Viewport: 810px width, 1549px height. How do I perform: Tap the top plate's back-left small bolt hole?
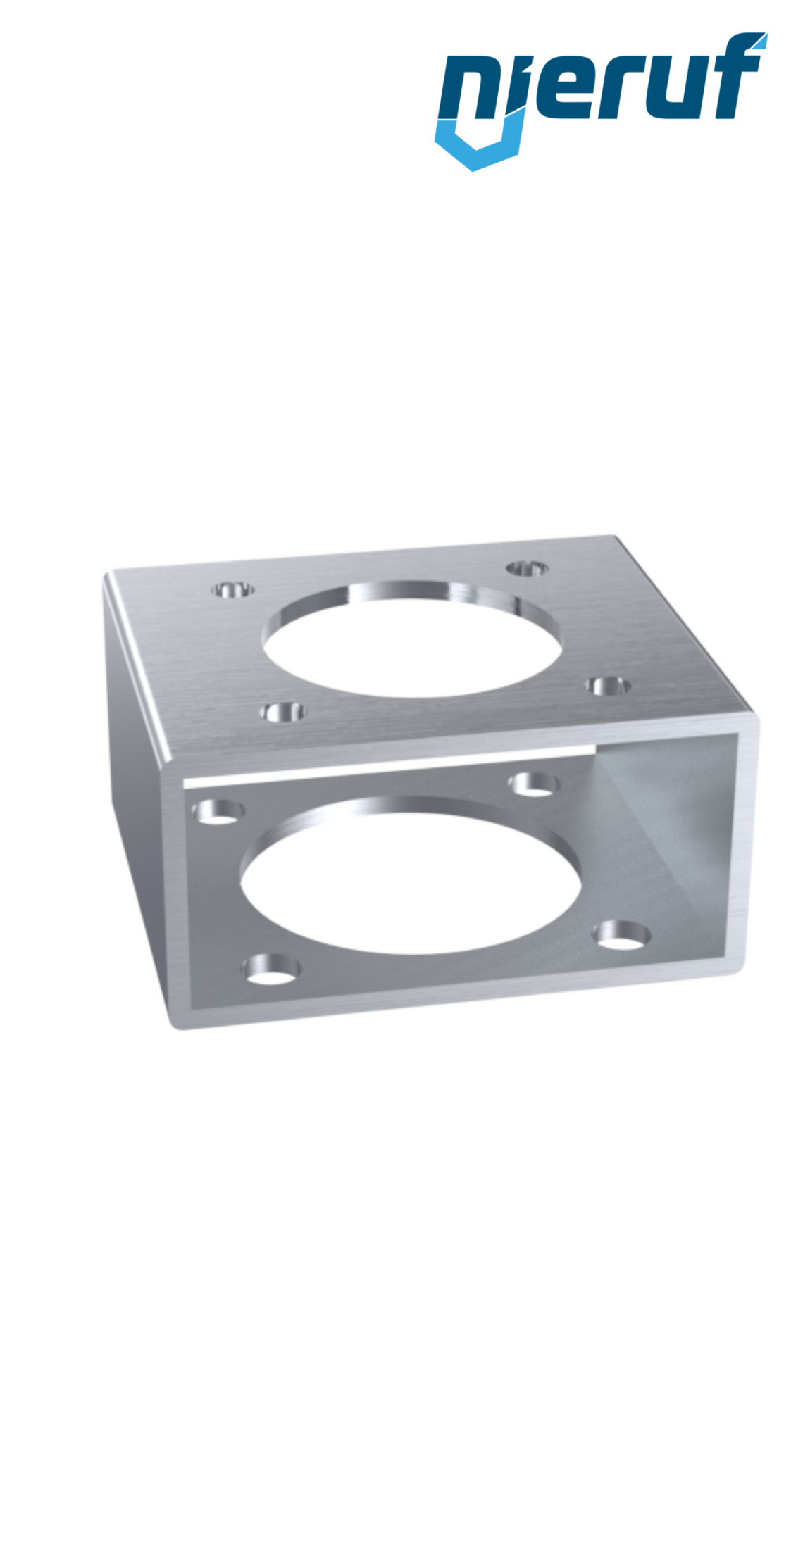click(233, 589)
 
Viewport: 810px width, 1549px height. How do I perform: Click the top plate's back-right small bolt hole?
click(529, 567)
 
